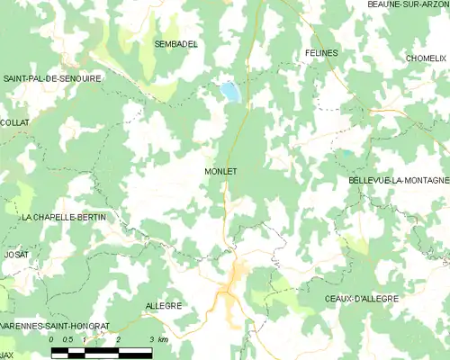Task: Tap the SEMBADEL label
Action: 176,44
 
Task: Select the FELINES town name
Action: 321,53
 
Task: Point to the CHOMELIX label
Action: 426,58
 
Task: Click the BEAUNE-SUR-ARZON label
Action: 408,5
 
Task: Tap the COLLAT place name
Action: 14,122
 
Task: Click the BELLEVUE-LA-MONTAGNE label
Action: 398,181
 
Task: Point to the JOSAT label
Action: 15,255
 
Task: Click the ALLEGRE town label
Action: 163,306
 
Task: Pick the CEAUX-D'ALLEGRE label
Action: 361,298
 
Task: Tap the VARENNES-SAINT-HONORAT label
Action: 55,325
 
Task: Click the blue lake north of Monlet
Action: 230,92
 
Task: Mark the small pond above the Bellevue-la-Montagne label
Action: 346,154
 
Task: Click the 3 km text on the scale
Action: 157,339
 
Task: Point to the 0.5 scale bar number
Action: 67,339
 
